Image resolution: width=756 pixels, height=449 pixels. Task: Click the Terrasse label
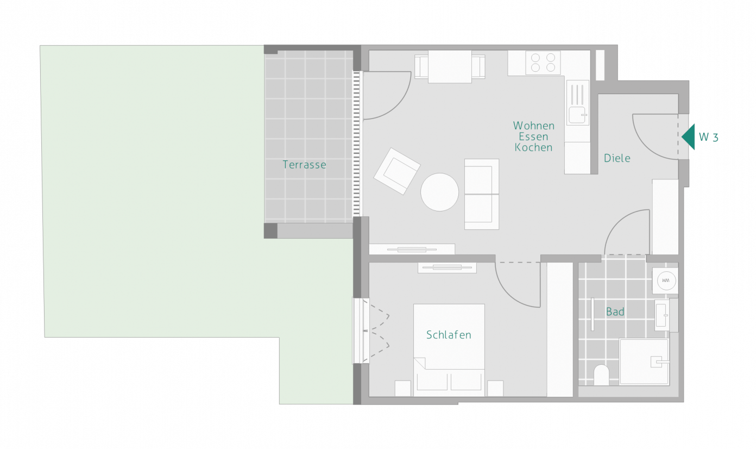coord(304,165)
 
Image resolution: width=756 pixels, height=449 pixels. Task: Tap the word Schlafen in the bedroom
coord(449,335)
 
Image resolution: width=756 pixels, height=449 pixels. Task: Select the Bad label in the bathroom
coord(615,311)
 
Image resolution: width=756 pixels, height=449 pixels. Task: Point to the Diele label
coord(617,158)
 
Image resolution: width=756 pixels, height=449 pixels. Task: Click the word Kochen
coord(533,147)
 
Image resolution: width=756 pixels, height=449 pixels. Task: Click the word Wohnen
coord(533,126)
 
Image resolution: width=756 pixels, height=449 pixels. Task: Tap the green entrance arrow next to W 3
coord(689,137)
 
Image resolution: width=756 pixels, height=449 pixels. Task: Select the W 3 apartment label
coord(709,137)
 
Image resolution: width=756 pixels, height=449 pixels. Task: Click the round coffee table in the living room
coord(439,192)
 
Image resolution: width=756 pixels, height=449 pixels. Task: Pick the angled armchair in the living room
coord(397,171)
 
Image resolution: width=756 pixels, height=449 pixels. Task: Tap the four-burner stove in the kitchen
coord(543,63)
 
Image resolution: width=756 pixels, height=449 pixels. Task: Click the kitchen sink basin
coord(577,115)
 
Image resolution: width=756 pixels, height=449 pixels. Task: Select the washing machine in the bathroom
coord(665,280)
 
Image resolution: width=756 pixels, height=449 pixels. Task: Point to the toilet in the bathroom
coord(601,375)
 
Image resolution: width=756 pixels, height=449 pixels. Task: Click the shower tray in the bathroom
coord(644,362)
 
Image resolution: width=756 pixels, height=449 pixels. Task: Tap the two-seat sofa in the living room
coord(482,194)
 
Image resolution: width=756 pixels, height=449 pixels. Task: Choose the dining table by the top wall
coord(450,66)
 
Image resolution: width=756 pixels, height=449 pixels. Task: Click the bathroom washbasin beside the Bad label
coord(662,315)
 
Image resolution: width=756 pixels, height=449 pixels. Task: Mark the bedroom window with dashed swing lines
coord(361,330)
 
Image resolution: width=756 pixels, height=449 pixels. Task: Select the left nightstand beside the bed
coord(403,389)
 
